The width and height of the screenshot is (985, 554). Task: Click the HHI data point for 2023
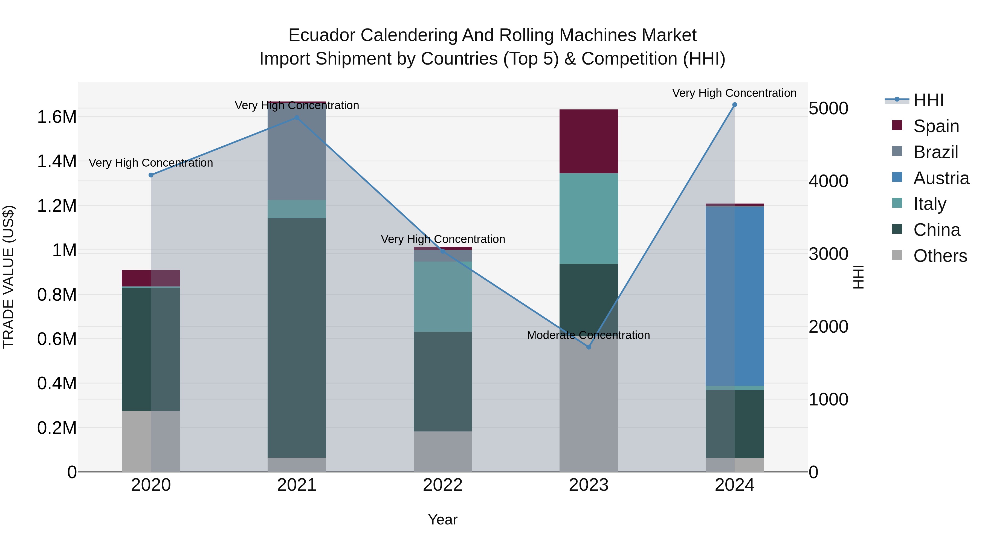(589, 347)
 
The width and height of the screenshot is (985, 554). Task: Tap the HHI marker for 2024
(735, 105)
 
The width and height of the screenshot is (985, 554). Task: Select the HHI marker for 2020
(151, 175)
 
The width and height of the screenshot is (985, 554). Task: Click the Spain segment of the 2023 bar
(589, 141)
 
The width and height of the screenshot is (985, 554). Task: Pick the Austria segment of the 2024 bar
(735, 296)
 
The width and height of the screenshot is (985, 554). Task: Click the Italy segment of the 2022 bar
(442, 297)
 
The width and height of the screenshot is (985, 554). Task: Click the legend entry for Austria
(941, 178)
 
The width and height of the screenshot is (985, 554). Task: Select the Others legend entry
(940, 256)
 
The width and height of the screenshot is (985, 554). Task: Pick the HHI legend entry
(928, 100)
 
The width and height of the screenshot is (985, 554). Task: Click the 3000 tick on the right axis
(828, 254)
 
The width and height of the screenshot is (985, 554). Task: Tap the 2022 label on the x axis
(442, 485)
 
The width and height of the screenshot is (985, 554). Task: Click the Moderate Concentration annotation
(588, 335)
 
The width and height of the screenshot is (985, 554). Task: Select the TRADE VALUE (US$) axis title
(8, 277)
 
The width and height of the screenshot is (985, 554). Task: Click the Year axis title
(442, 520)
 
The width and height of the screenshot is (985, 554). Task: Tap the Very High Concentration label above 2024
(734, 93)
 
